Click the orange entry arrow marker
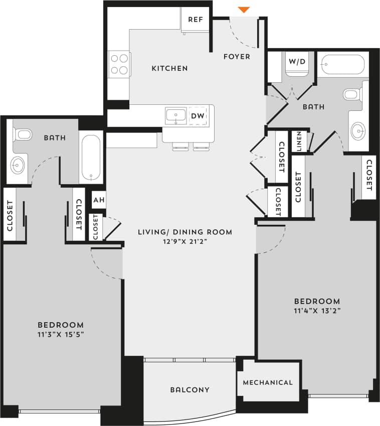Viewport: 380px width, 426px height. [244, 10]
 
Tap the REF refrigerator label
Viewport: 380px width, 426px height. [195, 20]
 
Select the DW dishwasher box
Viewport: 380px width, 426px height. [198, 116]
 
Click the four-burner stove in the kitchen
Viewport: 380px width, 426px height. [119, 64]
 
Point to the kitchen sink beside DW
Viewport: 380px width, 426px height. [176, 116]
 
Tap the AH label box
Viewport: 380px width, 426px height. [99, 201]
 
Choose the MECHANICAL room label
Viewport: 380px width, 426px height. [267, 382]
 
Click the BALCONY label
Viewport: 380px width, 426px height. [189, 390]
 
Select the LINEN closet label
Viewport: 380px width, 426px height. [299, 141]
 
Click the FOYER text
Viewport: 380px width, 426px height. [237, 57]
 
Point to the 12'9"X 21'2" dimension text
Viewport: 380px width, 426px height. [185, 241]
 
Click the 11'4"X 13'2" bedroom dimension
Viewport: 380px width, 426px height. [317, 311]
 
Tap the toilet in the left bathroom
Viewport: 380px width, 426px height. [23, 134]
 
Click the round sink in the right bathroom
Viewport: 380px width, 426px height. [358, 131]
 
